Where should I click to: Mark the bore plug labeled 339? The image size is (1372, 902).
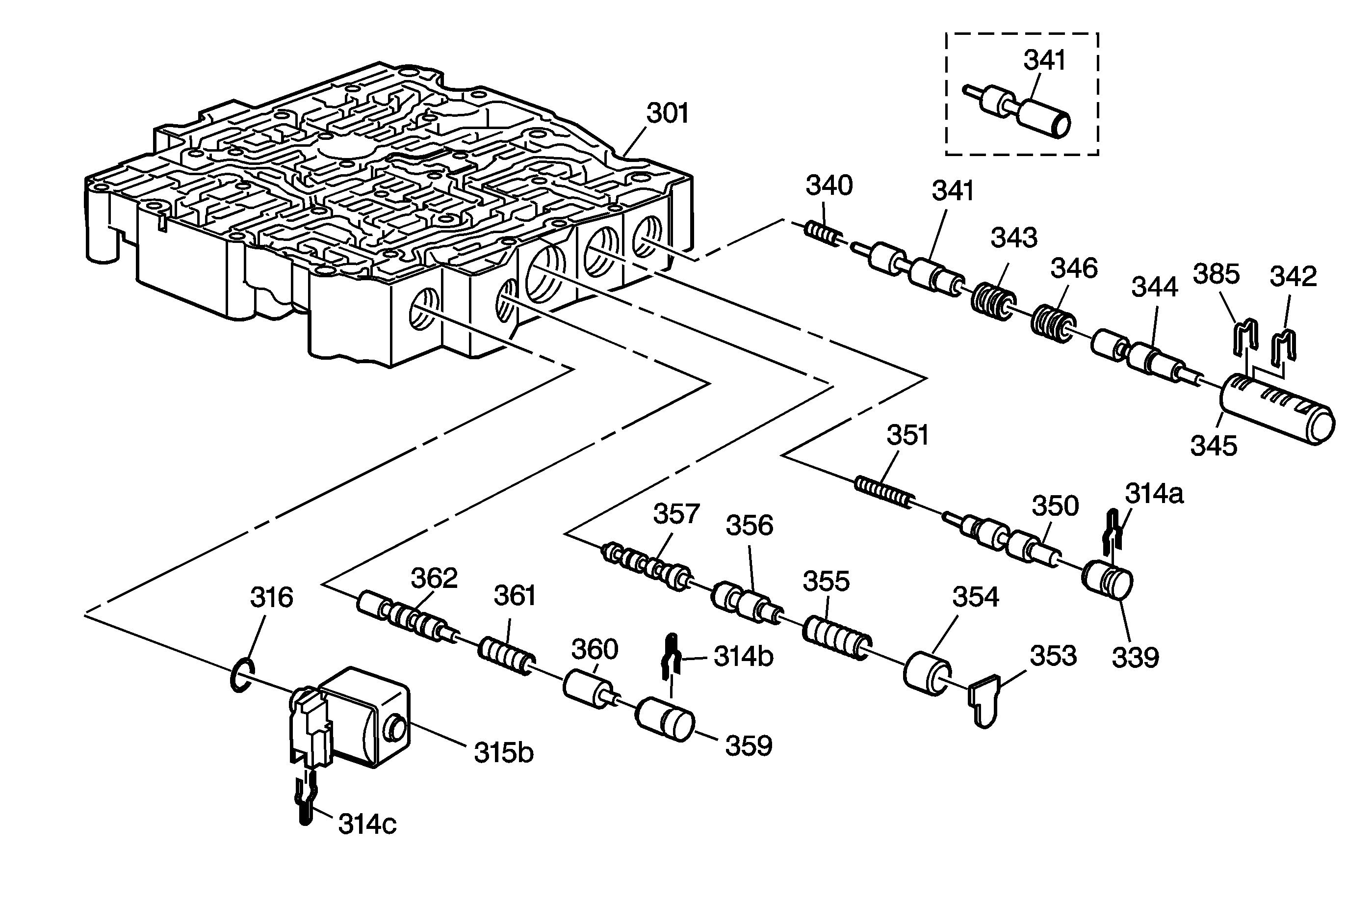click(1107, 583)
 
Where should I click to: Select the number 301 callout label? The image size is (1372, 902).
click(667, 114)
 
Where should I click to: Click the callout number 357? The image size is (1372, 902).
click(675, 513)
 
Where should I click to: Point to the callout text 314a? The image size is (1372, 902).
click(1154, 494)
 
